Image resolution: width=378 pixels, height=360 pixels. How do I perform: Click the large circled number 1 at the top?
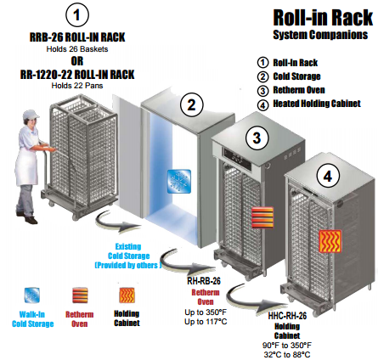point(77,15)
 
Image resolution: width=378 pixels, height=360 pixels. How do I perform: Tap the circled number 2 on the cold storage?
point(192,104)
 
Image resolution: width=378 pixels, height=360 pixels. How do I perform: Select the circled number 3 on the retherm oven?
point(257,138)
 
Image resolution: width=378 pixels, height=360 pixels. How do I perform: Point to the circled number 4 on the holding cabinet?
point(328,177)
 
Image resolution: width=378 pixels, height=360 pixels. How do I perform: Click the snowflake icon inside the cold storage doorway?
point(179,181)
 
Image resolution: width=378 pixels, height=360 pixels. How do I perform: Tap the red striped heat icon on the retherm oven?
point(262,217)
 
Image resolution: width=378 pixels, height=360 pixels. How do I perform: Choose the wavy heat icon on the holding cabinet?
point(330,241)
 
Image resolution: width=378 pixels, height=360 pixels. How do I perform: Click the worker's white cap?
point(31,115)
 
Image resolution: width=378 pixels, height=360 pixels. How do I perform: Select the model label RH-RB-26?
point(204,281)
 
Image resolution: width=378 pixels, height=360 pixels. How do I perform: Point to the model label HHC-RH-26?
point(287,316)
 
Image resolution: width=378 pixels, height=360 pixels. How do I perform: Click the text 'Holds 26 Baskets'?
point(77,49)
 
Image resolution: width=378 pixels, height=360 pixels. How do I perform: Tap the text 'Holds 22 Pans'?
point(77,86)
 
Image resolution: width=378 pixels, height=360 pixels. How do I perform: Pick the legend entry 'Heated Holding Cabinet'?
point(317,104)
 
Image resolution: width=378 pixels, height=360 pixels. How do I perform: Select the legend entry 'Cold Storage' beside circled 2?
point(296,76)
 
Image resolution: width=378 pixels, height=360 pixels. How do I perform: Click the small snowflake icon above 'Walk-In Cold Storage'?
point(32,295)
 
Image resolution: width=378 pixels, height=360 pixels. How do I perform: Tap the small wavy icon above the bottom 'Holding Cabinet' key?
point(127,295)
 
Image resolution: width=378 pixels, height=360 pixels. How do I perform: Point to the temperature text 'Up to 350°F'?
point(206,312)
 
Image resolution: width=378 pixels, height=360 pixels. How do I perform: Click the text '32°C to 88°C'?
point(287,354)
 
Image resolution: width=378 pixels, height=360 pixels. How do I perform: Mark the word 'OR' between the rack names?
point(77,61)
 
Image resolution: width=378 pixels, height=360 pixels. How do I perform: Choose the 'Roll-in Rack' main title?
point(323,18)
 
